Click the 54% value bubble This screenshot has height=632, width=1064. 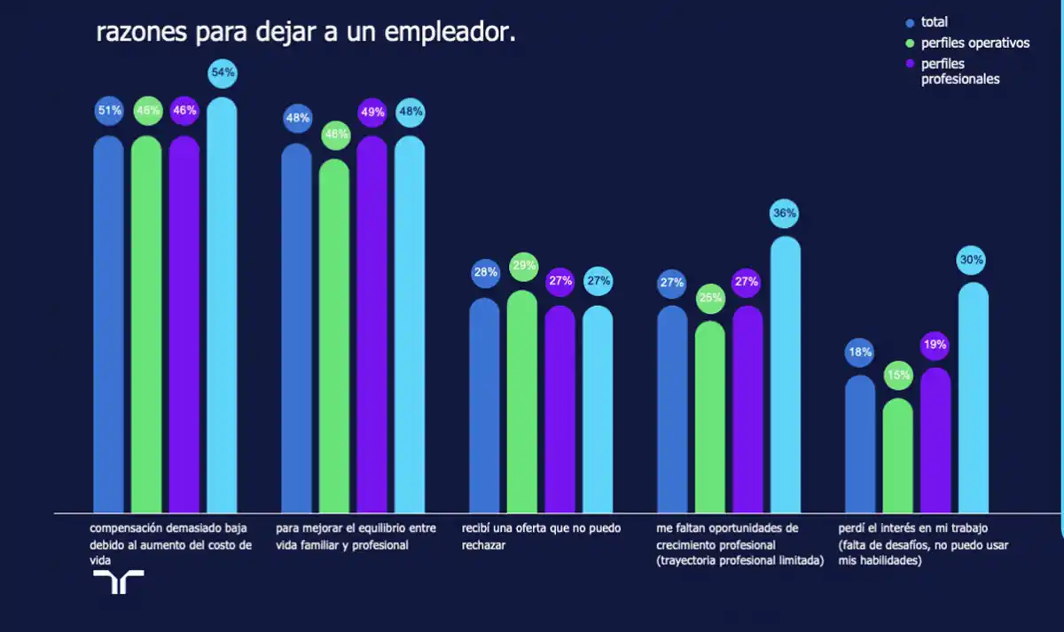(222, 73)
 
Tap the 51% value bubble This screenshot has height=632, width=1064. (109, 112)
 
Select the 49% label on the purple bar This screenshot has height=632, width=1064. (372, 113)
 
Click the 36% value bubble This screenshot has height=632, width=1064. (786, 214)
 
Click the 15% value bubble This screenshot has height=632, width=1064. (898, 375)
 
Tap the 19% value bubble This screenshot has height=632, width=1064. (935, 345)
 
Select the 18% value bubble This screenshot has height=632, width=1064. (860, 352)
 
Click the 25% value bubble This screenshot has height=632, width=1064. (710, 299)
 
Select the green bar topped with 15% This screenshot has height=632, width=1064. (898, 456)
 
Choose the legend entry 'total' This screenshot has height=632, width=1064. (934, 22)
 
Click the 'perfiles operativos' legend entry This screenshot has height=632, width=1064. (974, 43)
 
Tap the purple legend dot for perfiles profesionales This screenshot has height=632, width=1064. (910, 64)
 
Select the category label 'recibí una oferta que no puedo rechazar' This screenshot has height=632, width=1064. (541, 536)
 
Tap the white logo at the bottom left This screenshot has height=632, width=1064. (119, 581)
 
